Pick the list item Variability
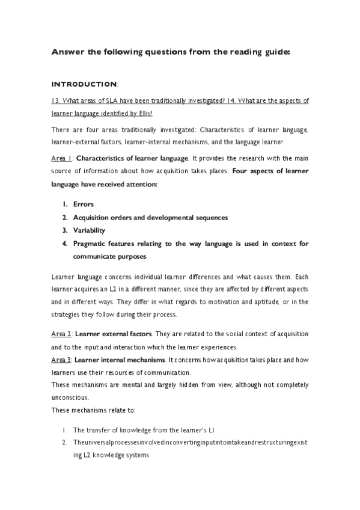[89, 230]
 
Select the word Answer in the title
[67, 52]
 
